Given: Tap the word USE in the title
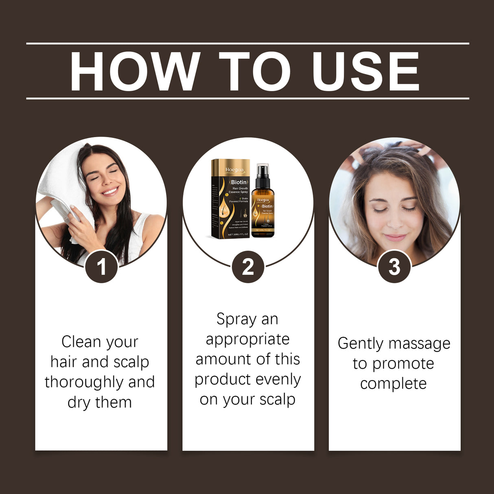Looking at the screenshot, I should [365, 72].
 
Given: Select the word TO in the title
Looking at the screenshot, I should [255, 72].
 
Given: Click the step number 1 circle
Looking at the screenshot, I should [101, 267].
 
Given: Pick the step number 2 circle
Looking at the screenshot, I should [248, 267].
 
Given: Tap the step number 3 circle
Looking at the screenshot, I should [394, 267].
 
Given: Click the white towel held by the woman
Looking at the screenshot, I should [61, 183].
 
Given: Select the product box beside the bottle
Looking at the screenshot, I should [230, 199].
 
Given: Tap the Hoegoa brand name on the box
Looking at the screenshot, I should [235, 170].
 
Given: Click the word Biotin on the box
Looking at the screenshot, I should [239, 182].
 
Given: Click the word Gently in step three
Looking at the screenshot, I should [361, 344].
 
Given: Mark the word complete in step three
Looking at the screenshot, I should [393, 384].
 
